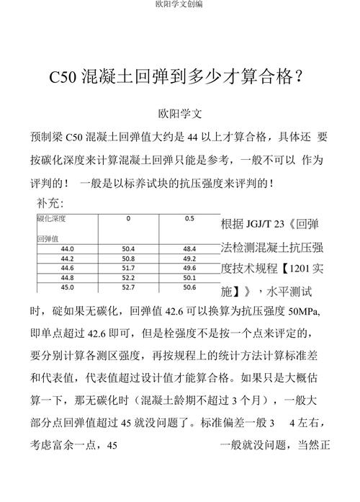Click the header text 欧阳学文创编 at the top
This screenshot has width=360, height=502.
[x=179, y=4]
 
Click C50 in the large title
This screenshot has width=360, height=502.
[x=63, y=77]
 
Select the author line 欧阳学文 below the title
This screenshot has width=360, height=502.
[x=180, y=114]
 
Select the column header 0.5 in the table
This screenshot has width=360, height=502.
[x=189, y=218]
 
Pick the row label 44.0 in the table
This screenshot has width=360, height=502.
[x=68, y=248]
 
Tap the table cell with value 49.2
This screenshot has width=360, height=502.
[x=189, y=258]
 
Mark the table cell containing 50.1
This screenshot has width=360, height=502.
[x=189, y=277]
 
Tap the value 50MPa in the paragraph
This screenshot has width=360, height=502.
[x=304, y=315]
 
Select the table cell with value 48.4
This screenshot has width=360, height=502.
[x=189, y=248]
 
